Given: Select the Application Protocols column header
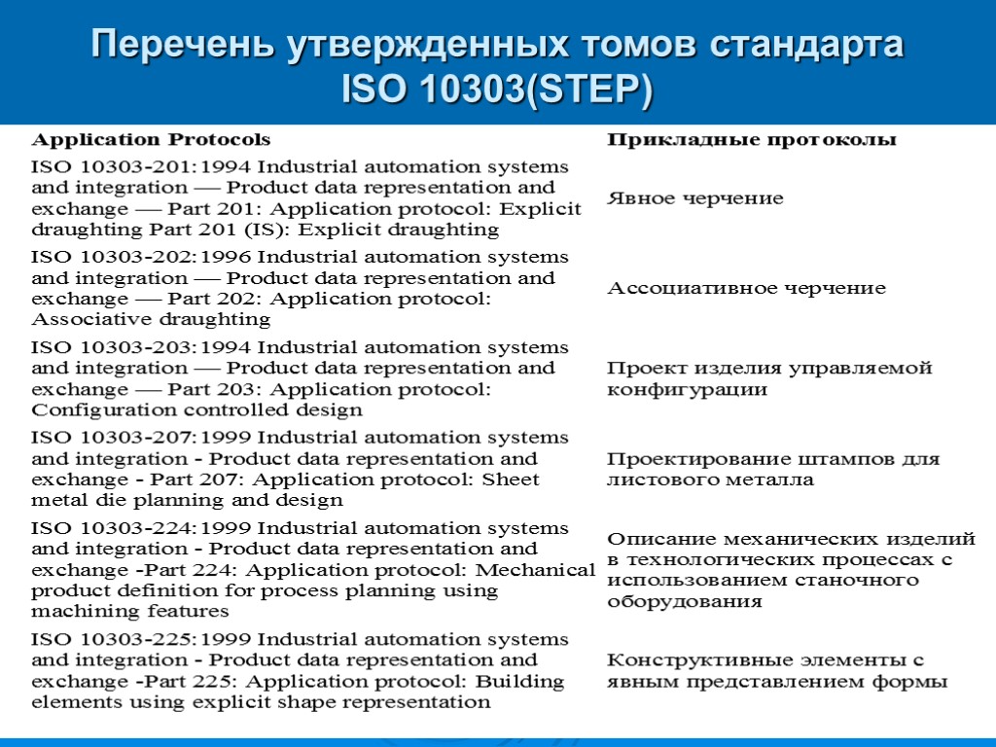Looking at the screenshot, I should pos(151,140).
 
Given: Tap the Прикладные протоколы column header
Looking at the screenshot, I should pos(752,140).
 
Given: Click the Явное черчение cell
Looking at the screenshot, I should pos(694,198).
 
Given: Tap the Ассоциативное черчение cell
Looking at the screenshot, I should pos(746,288).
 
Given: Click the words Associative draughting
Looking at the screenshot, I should pos(151,319).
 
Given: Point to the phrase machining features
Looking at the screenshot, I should pos(130,612).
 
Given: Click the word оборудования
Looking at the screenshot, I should pos(685,601).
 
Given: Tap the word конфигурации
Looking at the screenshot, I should pos(687,390).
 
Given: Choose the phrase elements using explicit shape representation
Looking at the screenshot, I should pos(261,702).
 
